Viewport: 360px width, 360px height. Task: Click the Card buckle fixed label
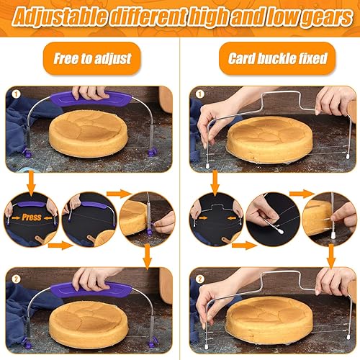pos(269,58)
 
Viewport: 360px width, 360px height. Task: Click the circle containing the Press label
pos(30,220)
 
